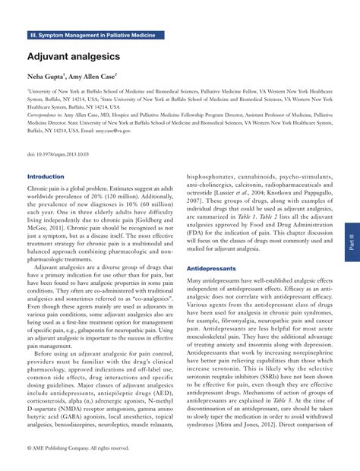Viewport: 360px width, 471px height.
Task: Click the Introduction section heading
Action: click(x=46, y=176)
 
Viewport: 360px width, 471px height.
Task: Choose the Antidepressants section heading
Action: click(x=212, y=248)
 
